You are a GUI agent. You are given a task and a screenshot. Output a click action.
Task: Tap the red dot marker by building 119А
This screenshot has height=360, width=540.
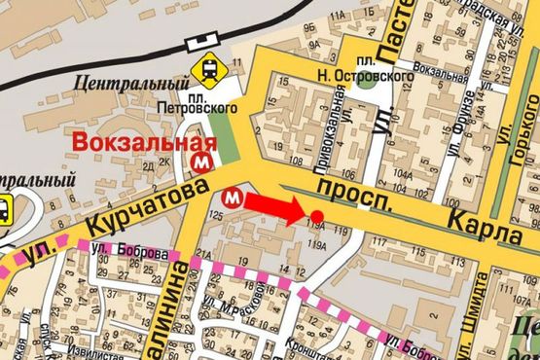coord(316,215)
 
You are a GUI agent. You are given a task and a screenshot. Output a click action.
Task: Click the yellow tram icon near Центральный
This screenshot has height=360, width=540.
coord(208,69)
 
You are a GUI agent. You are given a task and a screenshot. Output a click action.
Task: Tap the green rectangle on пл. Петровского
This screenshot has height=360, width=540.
coord(225,135)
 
